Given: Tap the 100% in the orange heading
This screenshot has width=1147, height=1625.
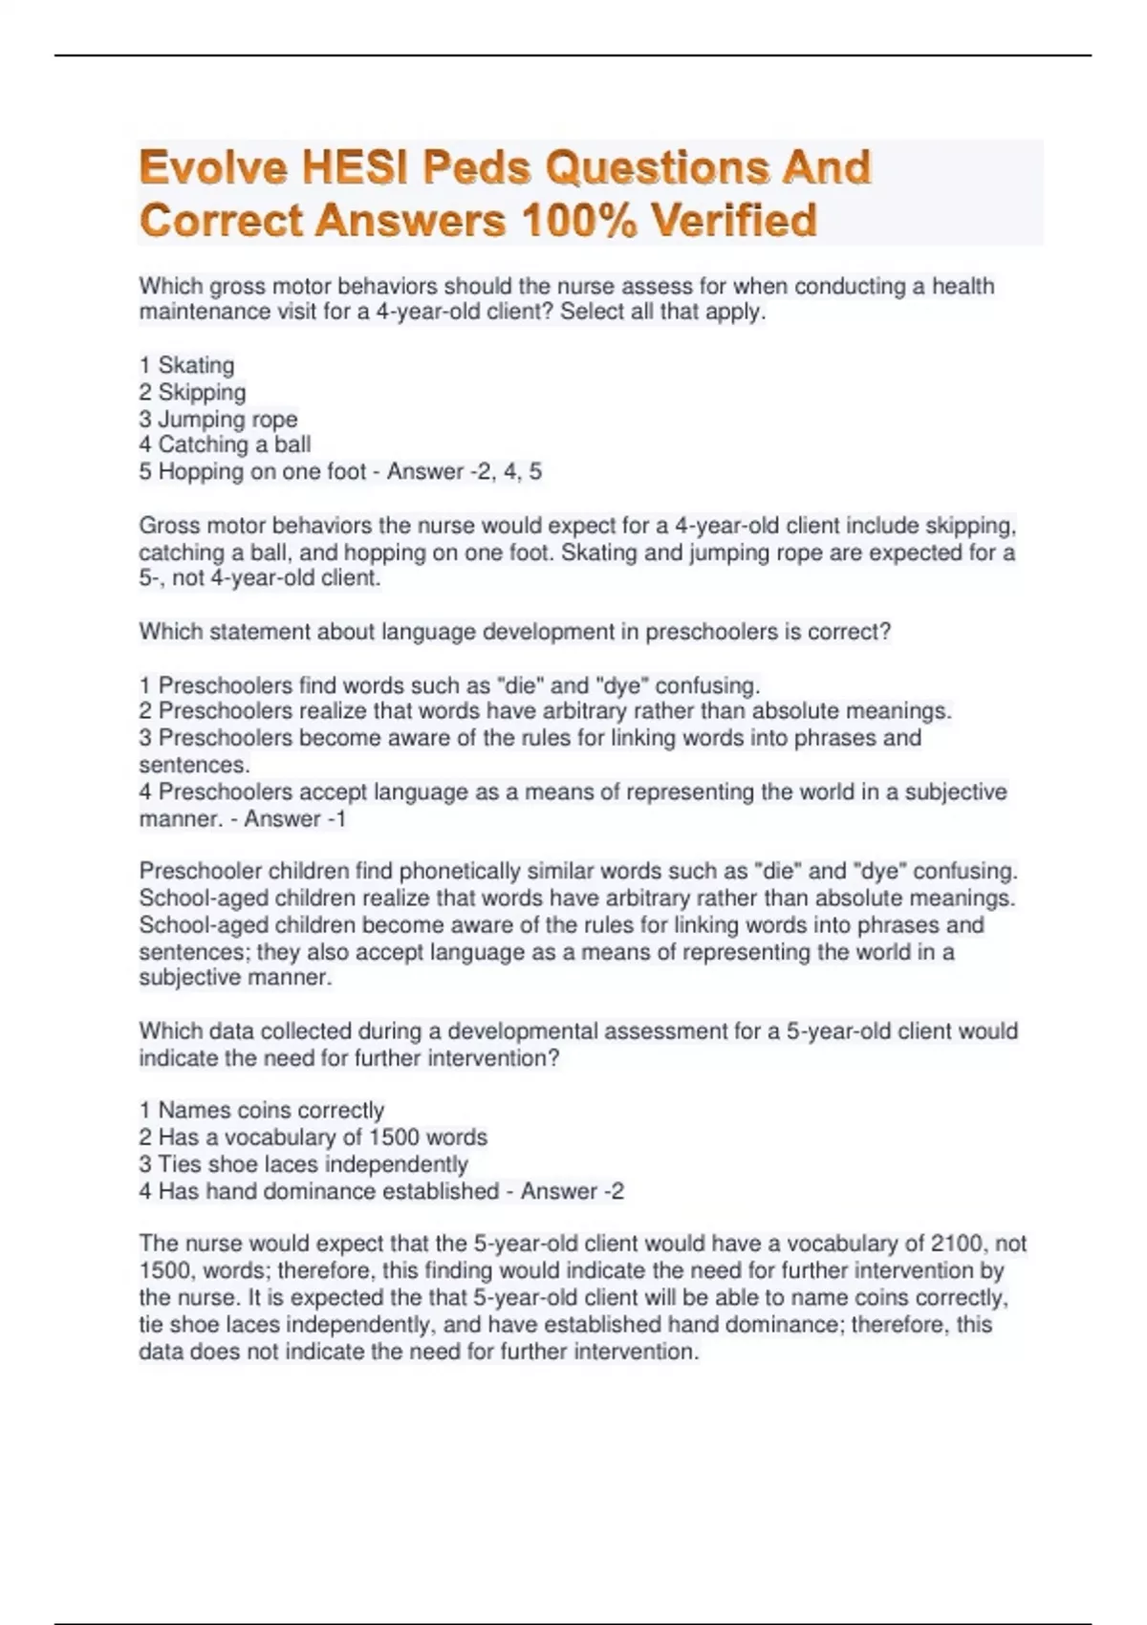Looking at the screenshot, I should pos(578,221).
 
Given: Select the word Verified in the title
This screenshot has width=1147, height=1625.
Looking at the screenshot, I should pos(734,221).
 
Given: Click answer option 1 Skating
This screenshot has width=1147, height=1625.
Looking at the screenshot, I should pos(186,365).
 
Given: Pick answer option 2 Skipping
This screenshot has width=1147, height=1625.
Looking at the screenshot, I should pos(192,392).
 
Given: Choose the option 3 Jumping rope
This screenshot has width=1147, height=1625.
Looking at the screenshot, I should pos(218,419).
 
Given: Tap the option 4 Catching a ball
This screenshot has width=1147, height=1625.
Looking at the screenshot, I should pos(225,444).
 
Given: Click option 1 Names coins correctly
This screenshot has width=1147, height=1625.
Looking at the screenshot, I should pos(261,1110).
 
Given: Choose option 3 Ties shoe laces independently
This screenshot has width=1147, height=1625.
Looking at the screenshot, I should pos(303,1163).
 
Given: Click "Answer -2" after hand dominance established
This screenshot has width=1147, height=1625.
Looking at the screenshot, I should pos(572,1191).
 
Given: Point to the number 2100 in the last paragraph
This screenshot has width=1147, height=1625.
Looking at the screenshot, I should pos(958,1244).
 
